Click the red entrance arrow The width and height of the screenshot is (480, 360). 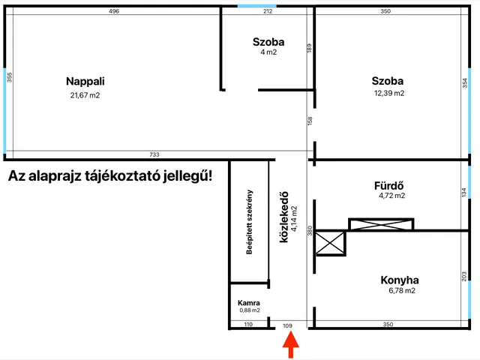(x=290, y=345)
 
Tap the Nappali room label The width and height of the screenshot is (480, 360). (x=85, y=82)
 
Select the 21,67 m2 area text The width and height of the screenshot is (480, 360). (x=85, y=95)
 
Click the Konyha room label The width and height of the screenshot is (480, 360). (x=400, y=280)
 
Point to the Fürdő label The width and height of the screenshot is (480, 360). (x=388, y=185)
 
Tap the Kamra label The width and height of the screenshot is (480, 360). (x=249, y=303)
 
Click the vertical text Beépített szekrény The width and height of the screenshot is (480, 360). (x=250, y=222)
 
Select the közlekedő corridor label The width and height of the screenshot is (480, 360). (x=283, y=217)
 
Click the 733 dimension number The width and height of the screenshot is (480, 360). (x=154, y=154)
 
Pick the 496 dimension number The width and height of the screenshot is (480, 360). (x=114, y=11)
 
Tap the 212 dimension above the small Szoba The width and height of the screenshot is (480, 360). (x=268, y=11)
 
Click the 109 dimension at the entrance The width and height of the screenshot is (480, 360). (x=287, y=325)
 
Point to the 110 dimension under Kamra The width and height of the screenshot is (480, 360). (x=248, y=324)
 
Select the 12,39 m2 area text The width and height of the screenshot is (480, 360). (x=389, y=93)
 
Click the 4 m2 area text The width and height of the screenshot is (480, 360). (x=268, y=52)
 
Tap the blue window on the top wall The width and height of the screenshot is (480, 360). (x=257, y=6)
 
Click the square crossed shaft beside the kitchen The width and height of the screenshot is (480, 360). (x=330, y=243)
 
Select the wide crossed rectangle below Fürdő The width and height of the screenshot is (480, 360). (x=381, y=224)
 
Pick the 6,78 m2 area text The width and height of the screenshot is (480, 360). (x=402, y=290)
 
